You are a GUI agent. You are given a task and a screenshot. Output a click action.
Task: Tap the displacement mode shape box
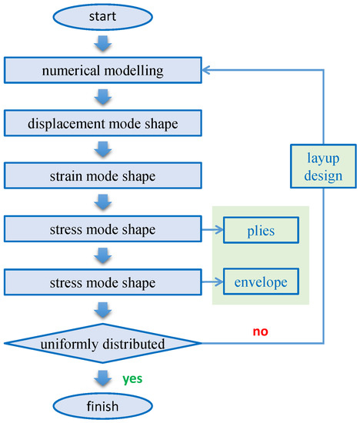click(x=103, y=123)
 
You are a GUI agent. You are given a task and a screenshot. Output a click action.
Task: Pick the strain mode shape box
click(x=103, y=175)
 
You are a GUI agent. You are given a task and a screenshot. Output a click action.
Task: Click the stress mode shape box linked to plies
click(x=103, y=228)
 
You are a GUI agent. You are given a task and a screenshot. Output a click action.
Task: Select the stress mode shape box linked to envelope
click(x=103, y=281)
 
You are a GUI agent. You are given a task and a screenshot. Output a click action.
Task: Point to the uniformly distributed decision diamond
click(x=103, y=342)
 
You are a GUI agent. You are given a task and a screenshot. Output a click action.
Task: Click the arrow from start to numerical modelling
click(x=103, y=42)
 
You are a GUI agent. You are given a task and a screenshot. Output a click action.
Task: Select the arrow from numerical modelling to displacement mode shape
click(x=103, y=96)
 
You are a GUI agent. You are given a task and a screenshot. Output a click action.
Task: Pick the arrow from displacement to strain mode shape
click(x=103, y=149)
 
